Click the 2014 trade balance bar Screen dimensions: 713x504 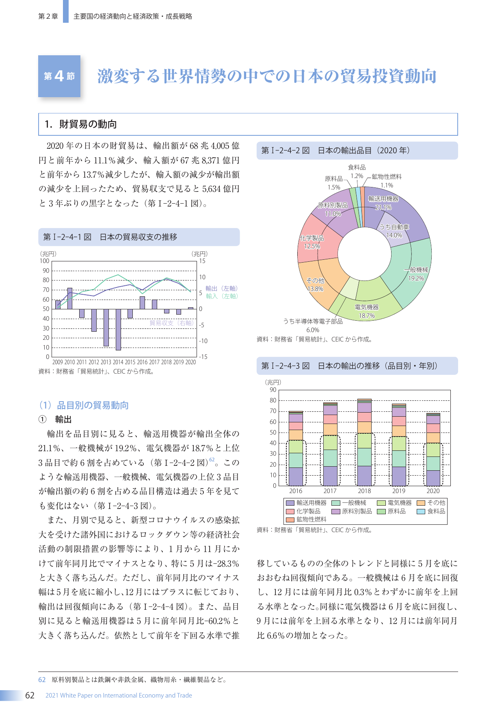118,329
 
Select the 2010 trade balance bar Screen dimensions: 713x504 70,298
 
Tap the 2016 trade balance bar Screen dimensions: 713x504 142,303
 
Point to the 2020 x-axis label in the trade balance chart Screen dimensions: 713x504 191,362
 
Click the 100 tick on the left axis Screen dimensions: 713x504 45,261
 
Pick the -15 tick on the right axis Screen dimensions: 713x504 203,357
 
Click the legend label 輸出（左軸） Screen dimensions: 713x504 221,288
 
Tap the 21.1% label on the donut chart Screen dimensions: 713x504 383,207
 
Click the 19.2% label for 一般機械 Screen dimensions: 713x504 416,278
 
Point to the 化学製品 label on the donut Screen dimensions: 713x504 311,238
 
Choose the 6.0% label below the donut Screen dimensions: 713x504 313,330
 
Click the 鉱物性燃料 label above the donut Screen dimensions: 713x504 387,176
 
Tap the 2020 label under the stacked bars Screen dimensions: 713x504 433,491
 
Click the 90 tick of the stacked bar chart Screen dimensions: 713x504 273,390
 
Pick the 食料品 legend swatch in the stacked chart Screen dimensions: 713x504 421,511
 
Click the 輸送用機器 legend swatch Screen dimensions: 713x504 290,503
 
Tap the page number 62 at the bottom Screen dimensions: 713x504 30,695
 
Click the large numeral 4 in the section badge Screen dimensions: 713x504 59,76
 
